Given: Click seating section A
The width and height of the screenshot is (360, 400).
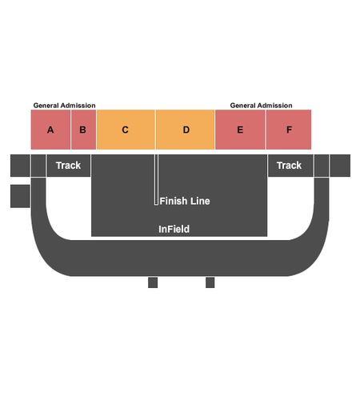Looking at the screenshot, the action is [x=50, y=130].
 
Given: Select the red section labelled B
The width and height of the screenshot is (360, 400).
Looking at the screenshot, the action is [x=84, y=130].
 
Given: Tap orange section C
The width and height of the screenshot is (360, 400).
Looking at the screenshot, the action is [x=126, y=130].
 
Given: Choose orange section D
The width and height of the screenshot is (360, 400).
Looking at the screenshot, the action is [x=186, y=130].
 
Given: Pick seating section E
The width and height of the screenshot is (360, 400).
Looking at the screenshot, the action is [x=240, y=130].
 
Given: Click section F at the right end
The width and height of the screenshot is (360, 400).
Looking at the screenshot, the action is [x=289, y=130].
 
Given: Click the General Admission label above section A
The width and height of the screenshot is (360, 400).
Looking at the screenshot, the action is [x=64, y=106].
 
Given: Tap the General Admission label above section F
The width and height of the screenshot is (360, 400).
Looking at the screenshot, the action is [x=261, y=106].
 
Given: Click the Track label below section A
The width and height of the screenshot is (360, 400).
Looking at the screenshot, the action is [x=68, y=166].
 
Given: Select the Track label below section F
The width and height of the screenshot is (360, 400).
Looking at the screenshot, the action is [x=289, y=166].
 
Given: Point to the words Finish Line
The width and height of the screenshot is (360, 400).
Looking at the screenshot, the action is [x=185, y=201].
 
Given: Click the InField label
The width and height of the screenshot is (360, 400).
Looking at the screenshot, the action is [x=174, y=229].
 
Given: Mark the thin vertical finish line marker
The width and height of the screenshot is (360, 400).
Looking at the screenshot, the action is [x=156, y=180].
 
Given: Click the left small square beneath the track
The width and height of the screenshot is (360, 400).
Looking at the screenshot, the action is [x=153, y=282].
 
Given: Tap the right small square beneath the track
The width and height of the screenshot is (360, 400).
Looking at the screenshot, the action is [x=210, y=282].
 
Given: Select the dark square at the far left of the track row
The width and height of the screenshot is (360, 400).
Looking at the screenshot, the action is [x=20, y=166].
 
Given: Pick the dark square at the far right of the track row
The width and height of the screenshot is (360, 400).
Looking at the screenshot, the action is [x=340, y=166].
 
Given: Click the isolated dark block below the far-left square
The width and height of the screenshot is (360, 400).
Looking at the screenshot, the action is [x=20, y=196].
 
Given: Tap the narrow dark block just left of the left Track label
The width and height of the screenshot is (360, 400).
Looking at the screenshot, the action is [x=38, y=166].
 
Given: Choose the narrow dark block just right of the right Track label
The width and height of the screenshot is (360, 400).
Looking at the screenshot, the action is [x=322, y=166].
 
